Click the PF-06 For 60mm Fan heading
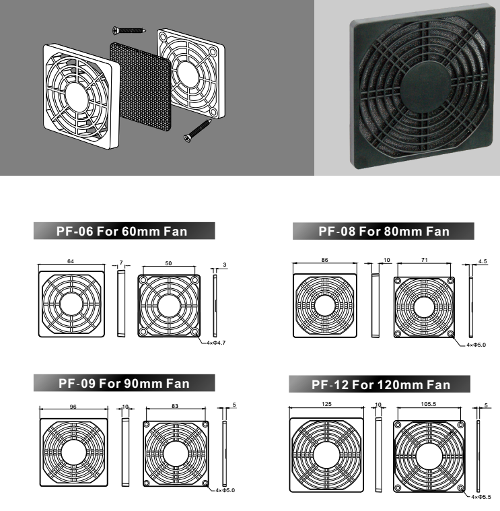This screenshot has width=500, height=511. click(x=122, y=232)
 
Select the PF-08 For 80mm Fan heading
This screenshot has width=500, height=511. click(x=384, y=232)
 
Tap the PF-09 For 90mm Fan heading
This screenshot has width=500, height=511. click(x=124, y=383)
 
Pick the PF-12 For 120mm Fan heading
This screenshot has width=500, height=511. click(x=381, y=385)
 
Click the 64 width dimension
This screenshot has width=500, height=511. click(x=71, y=261)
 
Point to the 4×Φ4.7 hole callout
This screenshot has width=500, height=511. click(x=216, y=343)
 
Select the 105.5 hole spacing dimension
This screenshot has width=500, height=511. click(x=429, y=404)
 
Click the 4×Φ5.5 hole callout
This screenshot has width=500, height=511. click(x=481, y=497)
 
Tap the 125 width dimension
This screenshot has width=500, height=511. click(x=326, y=404)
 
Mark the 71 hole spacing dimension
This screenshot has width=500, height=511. click(x=424, y=260)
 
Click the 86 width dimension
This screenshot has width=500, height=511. click(x=325, y=260)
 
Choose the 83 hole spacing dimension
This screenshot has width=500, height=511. click(x=175, y=406)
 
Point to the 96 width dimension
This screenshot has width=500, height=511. click(x=73, y=407)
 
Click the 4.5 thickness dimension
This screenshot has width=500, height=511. click(x=483, y=261)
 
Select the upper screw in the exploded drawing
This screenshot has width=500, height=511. click(x=129, y=31)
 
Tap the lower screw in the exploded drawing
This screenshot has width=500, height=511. click(x=198, y=131)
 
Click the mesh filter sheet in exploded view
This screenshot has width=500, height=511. click(x=141, y=87)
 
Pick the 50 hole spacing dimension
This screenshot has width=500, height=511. click(x=168, y=263)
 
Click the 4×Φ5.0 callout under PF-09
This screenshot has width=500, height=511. click(x=225, y=491)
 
